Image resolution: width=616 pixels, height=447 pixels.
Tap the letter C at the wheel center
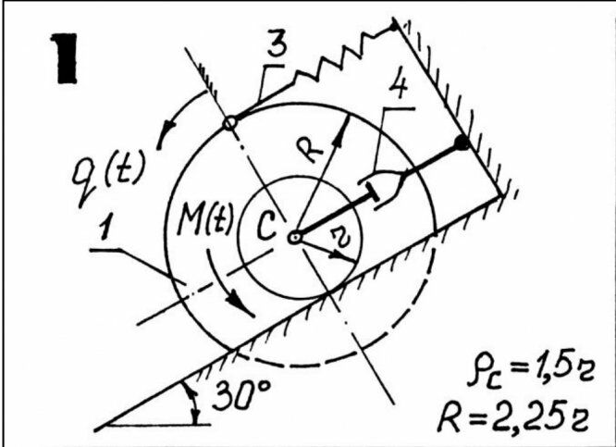tap(265, 230)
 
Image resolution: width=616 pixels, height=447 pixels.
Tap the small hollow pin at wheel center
tap(294, 238)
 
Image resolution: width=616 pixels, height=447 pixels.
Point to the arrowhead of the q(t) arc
tap(163, 142)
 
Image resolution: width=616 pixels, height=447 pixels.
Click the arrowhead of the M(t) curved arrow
tap(241, 306)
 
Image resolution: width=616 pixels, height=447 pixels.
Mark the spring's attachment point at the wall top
tap(395, 25)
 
